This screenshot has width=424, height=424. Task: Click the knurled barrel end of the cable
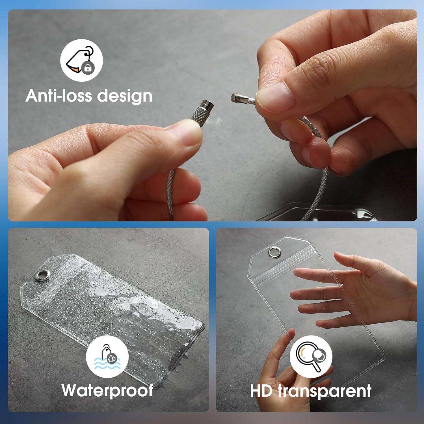click(x=202, y=111)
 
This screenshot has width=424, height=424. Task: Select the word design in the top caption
click(x=125, y=96)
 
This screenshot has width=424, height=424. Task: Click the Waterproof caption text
click(x=107, y=390)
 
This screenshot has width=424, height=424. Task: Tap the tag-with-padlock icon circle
click(x=81, y=60)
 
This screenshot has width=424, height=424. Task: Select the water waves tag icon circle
click(x=107, y=357)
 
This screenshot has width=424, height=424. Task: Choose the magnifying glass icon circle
click(x=311, y=357)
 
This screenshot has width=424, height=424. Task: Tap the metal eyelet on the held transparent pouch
click(x=274, y=252)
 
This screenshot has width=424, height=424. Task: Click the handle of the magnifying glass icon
click(x=316, y=366)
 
